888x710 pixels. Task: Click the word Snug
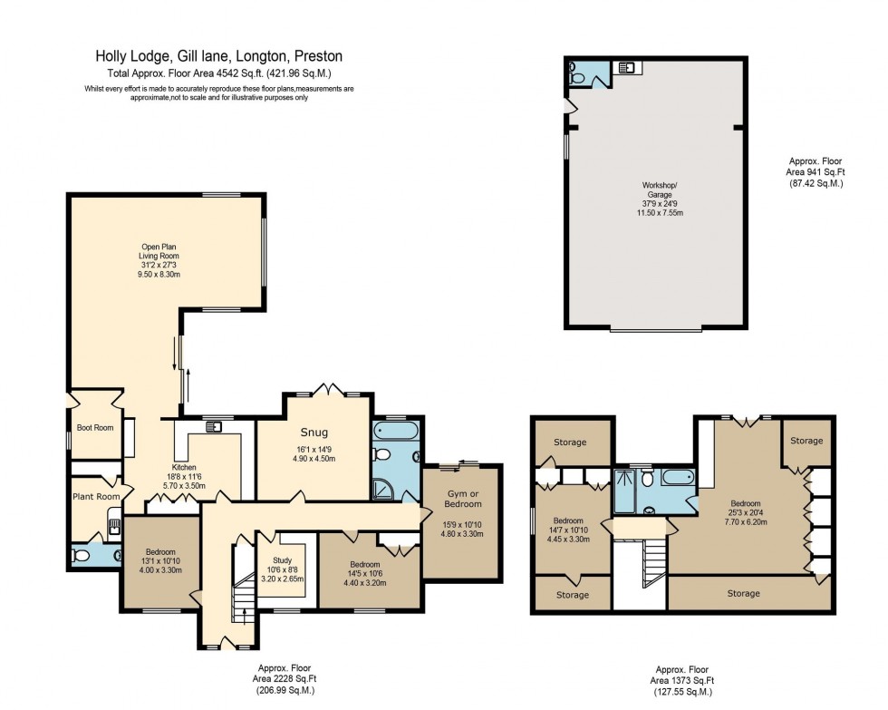click(x=314, y=433)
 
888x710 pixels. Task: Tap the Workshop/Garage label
click(x=659, y=190)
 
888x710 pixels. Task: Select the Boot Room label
click(x=95, y=427)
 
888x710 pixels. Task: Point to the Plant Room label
click(x=96, y=497)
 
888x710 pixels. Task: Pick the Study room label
click(x=272, y=559)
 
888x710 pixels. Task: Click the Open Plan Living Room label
click(x=159, y=251)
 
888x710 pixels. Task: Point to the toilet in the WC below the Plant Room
click(x=81, y=556)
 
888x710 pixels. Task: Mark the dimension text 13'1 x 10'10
click(x=159, y=560)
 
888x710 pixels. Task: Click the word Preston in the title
click(x=317, y=56)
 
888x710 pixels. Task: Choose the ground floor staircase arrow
click(x=245, y=618)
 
